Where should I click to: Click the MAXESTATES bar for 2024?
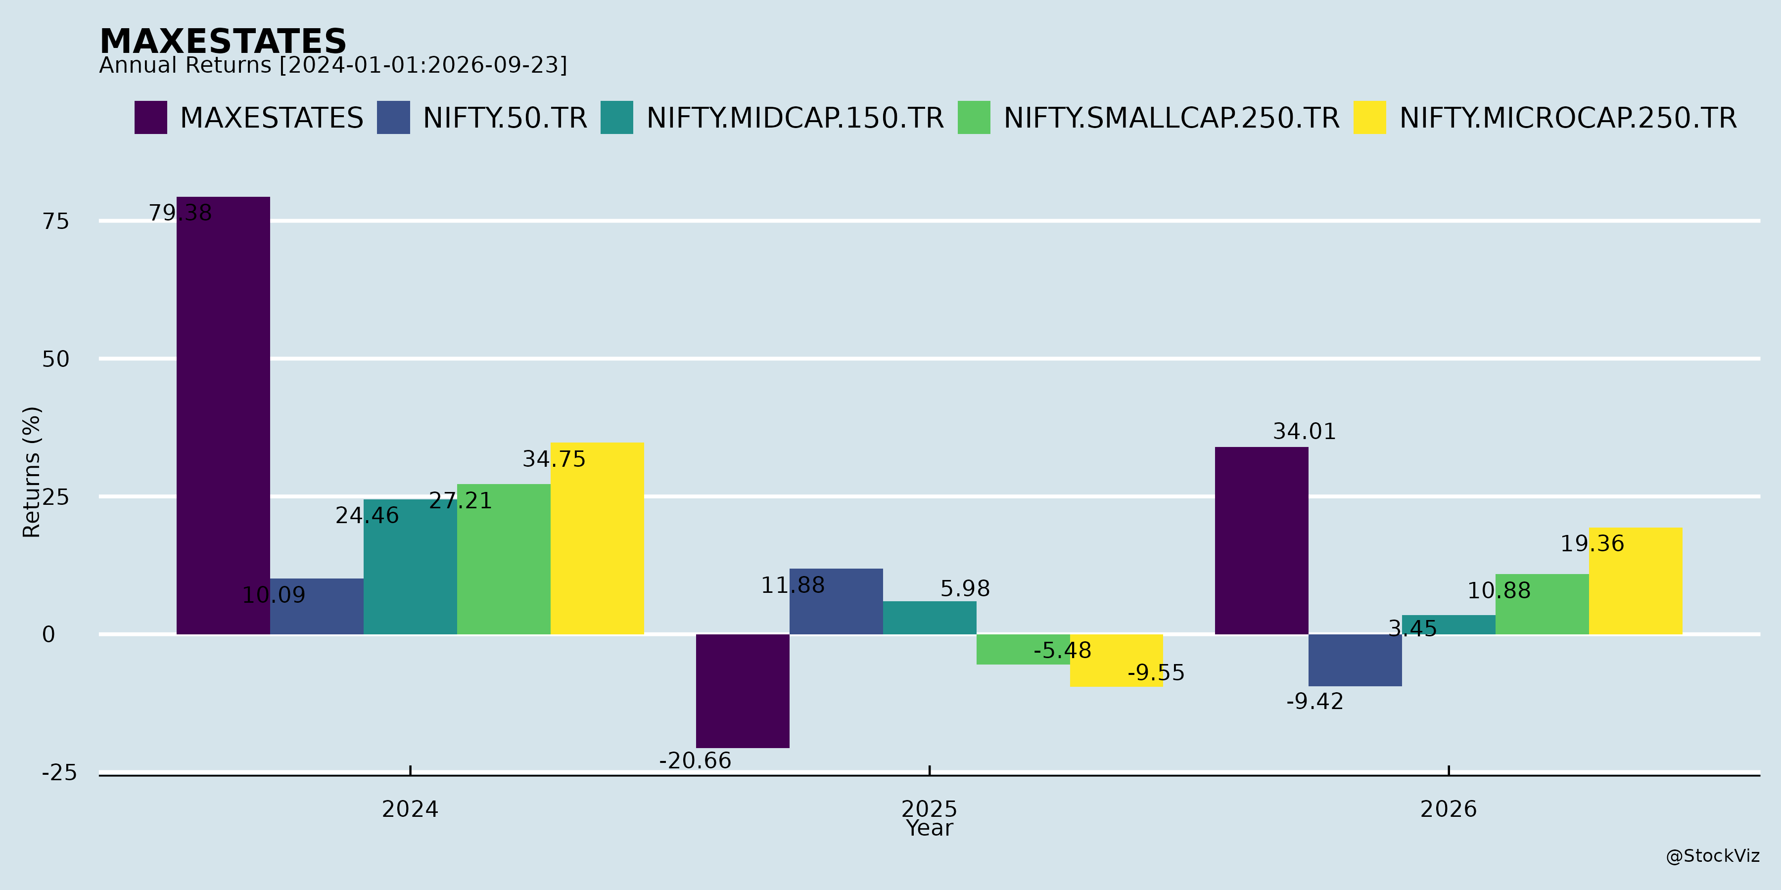coord(223,415)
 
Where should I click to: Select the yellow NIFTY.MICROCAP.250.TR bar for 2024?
coord(597,538)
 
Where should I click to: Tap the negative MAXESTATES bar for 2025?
coord(743,691)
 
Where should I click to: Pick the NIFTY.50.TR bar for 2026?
coord(1355,660)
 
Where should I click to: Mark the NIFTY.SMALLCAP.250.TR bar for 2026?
coord(1542,604)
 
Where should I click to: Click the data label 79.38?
coord(181,213)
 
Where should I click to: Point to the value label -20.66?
coord(695,761)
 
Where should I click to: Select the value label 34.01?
coord(1305,432)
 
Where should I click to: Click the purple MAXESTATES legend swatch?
coord(151,118)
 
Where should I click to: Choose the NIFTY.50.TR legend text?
coord(505,118)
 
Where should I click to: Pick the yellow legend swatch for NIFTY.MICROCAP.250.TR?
coord(1369,118)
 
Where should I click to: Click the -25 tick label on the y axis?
coord(59,772)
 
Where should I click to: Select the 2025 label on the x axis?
coord(929,809)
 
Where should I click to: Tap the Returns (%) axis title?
coord(32,472)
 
